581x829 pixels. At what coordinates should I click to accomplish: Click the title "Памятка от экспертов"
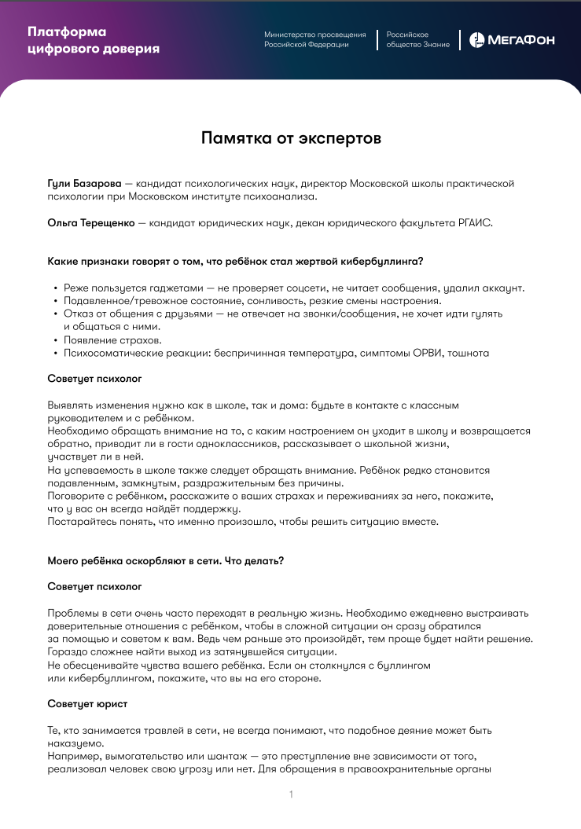coord(291,138)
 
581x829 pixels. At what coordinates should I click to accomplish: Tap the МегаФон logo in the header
coord(511,39)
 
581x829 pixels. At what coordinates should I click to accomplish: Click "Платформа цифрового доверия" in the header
coord(93,40)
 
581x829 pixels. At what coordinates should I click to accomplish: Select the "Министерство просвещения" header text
coord(314,35)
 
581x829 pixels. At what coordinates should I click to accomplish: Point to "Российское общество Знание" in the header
coord(417,40)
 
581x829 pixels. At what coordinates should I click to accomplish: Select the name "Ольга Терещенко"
coord(91,223)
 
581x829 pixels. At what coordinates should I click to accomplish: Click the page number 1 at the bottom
coord(291,794)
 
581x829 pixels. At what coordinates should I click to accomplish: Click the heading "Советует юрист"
coord(87,702)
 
